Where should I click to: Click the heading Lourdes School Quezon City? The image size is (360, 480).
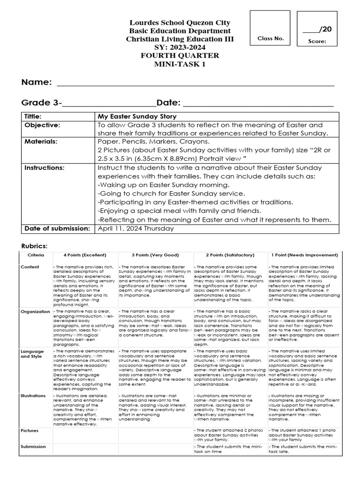tap(180, 22)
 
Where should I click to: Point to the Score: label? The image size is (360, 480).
tap(317, 41)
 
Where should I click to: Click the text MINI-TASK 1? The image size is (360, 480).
tap(180, 64)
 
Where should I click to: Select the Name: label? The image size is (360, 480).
tap(36, 82)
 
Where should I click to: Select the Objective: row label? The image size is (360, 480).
tap(43, 125)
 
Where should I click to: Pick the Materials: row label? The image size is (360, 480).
tap(41, 142)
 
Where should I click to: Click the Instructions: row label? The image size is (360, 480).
tap(45, 167)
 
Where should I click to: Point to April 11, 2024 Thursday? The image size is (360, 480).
tap(135, 228)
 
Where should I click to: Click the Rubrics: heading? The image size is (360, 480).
tap(35, 246)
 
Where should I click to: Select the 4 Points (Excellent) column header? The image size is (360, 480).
tap(85, 255)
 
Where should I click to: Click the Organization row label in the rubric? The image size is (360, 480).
tap(35, 311)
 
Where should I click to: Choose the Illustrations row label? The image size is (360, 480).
tap(33, 396)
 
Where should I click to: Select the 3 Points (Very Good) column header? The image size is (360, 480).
tap(155, 255)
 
